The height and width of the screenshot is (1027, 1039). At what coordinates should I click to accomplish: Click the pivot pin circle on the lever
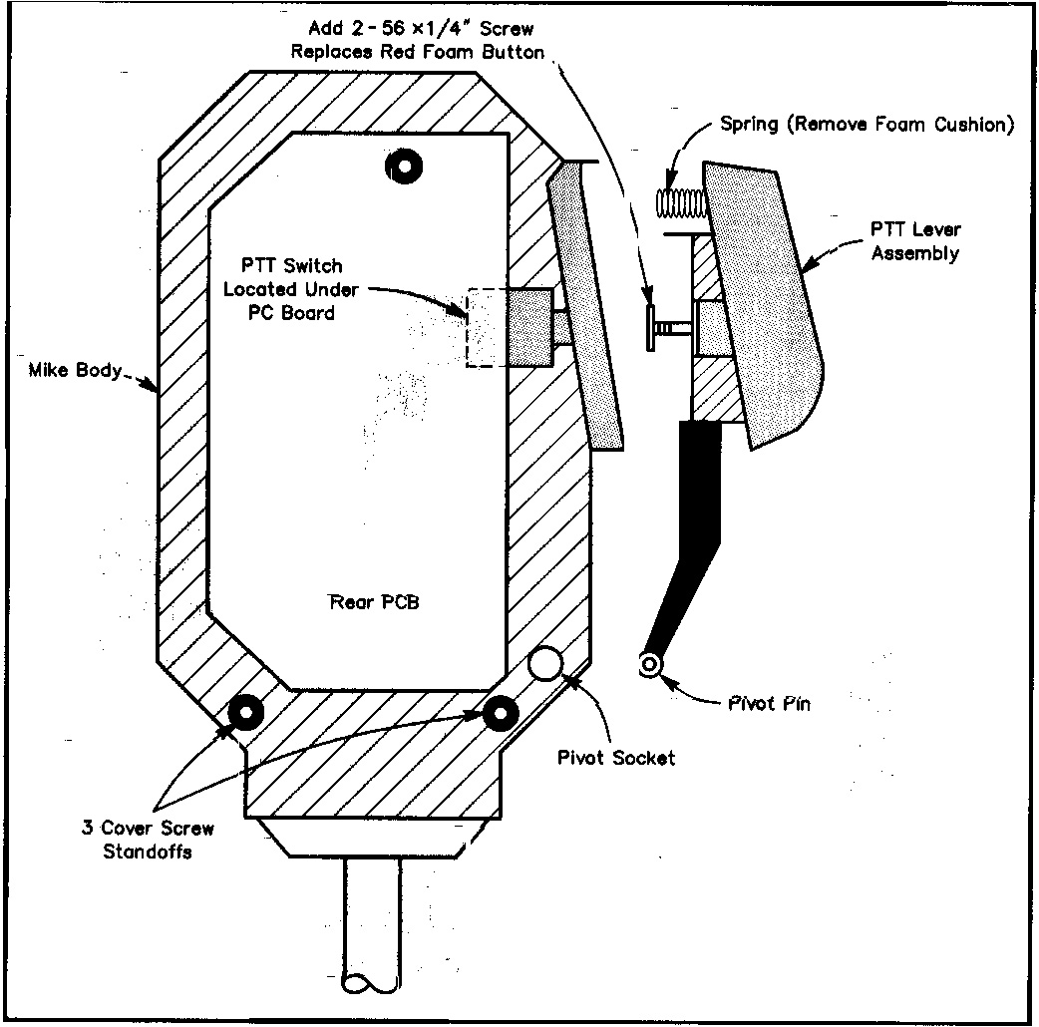(x=651, y=665)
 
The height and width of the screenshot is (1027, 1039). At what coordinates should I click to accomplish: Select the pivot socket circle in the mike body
(x=545, y=663)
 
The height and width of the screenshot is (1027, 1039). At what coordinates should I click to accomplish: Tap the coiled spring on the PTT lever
(x=680, y=203)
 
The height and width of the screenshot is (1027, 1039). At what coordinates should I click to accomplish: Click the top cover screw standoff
(x=405, y=166)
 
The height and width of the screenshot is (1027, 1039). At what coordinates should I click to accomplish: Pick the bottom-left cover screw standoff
(x=244, y=712)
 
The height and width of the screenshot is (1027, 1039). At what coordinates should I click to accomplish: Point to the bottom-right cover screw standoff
(x=499, y=712)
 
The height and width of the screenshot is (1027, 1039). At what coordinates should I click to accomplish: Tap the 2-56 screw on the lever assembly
(x=665, y=327)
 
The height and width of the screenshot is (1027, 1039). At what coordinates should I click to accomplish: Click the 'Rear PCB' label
(x=368, y=602)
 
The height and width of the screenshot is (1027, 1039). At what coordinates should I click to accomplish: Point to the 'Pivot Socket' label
(x=615, y=758)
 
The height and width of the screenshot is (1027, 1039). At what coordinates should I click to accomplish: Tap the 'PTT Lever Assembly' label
(x=915, y=242)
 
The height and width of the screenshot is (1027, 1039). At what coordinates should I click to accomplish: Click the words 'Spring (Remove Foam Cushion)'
(x=866, y=126)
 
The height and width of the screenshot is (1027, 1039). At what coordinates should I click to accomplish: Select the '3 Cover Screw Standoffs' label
(x=149, y=840)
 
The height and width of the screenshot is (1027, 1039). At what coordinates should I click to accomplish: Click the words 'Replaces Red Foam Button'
(x=418, y=52)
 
